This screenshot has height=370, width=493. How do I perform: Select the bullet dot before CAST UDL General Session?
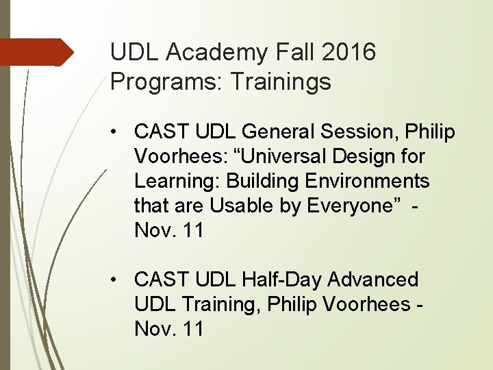tap(120, 132)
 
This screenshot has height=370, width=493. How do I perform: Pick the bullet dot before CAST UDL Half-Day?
tap(120, 280)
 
